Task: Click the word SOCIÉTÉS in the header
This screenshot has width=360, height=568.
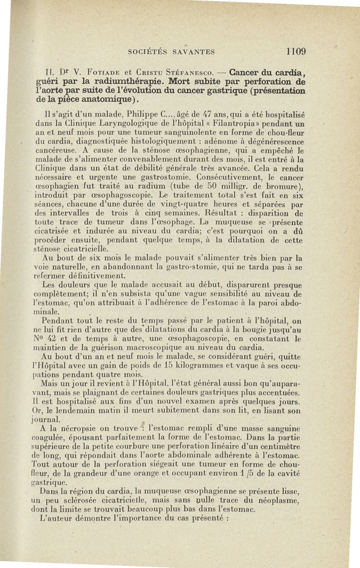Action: click(x=146, y=52)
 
